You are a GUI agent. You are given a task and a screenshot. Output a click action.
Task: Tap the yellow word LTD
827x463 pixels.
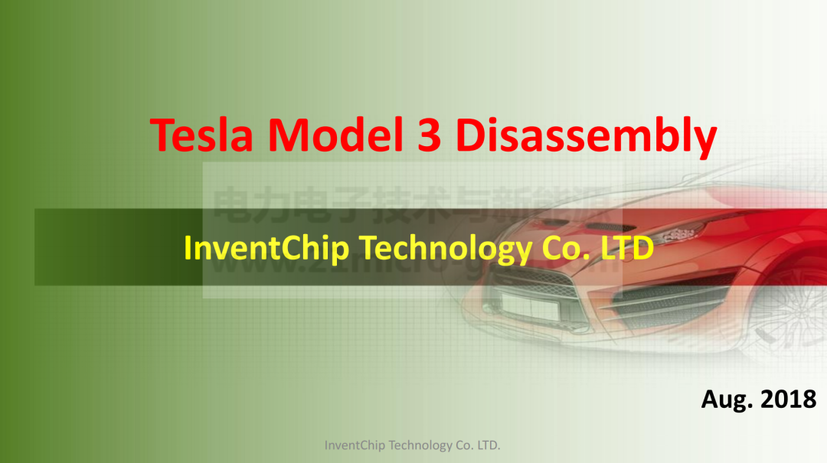click(x=624, y=248)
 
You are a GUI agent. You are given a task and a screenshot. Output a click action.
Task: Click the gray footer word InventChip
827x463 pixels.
click(x=355, y=445)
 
